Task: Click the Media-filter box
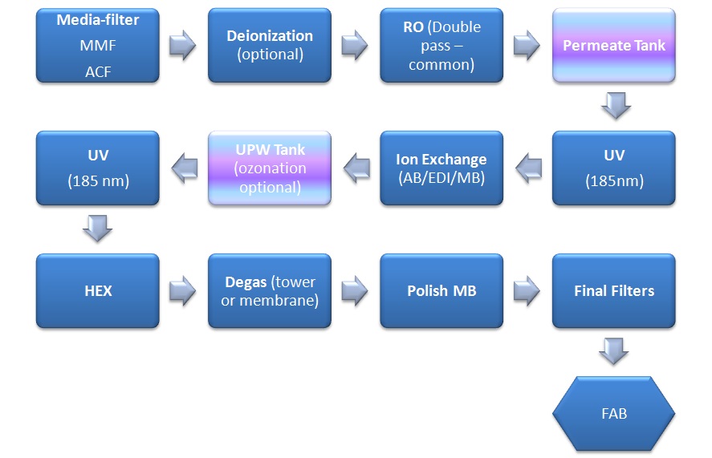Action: [x=97, y=45]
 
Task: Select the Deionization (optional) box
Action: [x=269, y=45]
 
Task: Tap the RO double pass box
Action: [x=441, y=45]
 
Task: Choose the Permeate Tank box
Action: [x=613, y=45]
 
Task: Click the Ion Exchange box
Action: [x=441, y=168]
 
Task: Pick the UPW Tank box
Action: [x=269, y=168]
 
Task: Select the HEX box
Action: [x=97, y=291]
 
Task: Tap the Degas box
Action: [x=269, y=291]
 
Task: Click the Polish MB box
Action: [x=441, y=291]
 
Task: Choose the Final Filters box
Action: [x=613, y=291]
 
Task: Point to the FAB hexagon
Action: [x=613, y=415]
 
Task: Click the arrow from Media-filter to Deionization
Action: [x=183, y=46]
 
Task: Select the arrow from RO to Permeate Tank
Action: [x=527, y=46]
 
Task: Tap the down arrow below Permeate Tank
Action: [x=615, y=106]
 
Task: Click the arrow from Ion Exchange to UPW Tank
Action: [x=356, y=168]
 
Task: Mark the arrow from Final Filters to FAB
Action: [x=615, y=351]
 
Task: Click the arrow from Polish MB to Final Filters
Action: [x=527, y=291]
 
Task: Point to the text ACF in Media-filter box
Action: [x=97, y=71]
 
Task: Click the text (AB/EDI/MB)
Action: [x=441, y=179]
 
